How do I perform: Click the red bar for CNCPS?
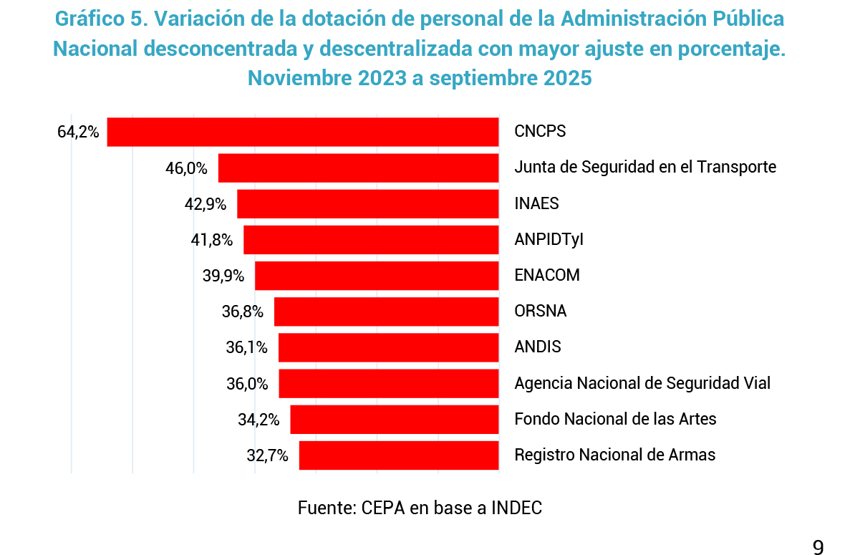coord(303,132)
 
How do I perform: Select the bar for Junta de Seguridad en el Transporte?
coord(358,168)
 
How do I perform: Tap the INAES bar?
coord(368,203)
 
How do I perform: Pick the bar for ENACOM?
coord(377,276)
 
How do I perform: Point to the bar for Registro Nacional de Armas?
coord(399,455)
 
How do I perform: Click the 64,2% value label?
coord(78,132)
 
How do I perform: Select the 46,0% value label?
coord(187,168)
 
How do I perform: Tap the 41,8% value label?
coord(212,240)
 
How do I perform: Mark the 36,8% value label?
coord(243,312)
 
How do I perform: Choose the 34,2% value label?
coord(259,420)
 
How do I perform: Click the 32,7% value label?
coord(267,455)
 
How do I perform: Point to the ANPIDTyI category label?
coord(549,239)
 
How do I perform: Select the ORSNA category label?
coord(541,312)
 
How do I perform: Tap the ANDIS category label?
coord(538,347)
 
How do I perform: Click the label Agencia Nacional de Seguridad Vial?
coord(642,383)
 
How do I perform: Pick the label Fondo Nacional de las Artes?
coord(615,419)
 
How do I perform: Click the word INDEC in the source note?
coord(517,508)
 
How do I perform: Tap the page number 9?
coord(818,548)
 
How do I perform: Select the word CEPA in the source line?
coord(386,508)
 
